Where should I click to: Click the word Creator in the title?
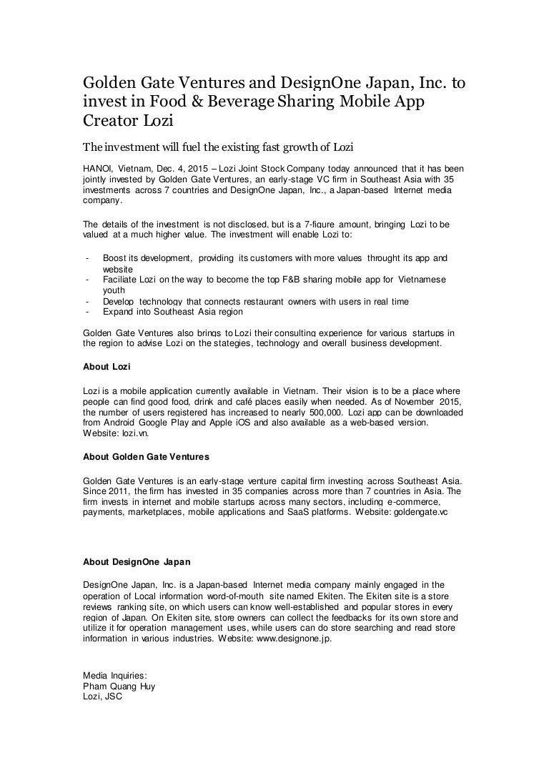(114, 122)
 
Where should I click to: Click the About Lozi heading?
(107, 366)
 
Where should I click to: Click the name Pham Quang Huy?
(119, 685)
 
